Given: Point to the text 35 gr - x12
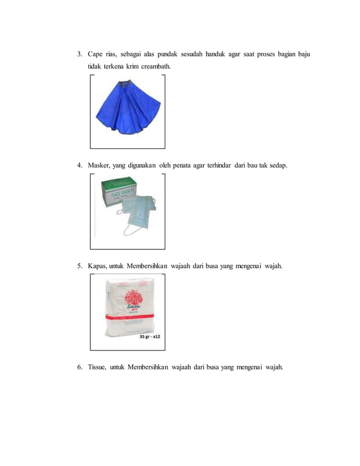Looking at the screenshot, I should [x=148, y=337].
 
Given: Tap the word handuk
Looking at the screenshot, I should [x=217, y=54].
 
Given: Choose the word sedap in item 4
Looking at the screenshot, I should [x=277, y=165].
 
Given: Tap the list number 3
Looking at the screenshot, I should [x=80, y=54].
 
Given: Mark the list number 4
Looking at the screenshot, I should [x=80, y=165].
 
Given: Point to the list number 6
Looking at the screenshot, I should [x=80, y=367].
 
